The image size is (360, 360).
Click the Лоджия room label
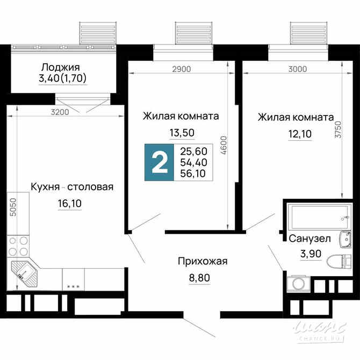click(x=60, y=67)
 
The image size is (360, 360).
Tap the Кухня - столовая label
click(x=72, y=187)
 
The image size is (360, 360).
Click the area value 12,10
click(x=295, y=133)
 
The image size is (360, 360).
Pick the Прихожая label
click(x=203, y=262)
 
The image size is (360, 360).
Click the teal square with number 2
click(x=160, y=162)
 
